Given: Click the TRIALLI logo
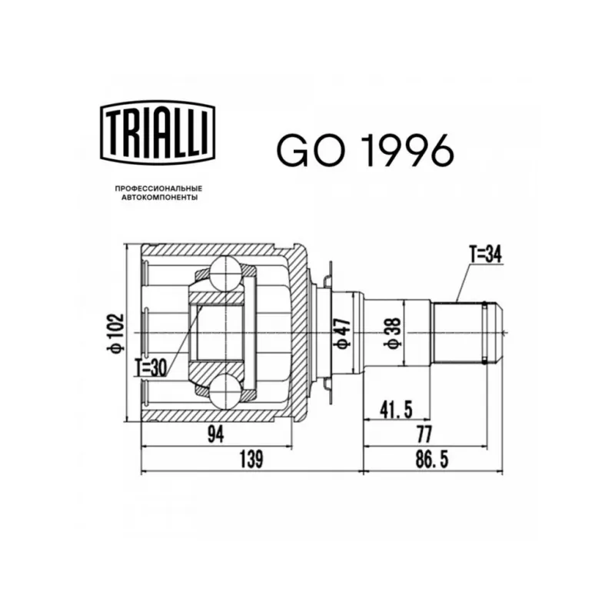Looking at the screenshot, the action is tap(158, 132).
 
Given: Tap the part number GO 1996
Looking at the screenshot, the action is tap(365, 150).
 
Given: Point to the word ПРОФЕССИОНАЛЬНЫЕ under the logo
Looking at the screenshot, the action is tap(159, 189).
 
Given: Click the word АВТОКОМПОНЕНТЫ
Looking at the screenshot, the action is tap(159, 198).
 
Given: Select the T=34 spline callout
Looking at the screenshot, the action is tap(486, 254).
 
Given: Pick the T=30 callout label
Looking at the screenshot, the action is tap(151, 367).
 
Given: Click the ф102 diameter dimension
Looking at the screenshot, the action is tap(118, 333).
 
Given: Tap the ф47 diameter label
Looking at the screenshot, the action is tap(342, 333).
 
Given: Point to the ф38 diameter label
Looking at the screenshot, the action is tap(394, 333).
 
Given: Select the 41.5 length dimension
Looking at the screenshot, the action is tap(396, 410).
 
